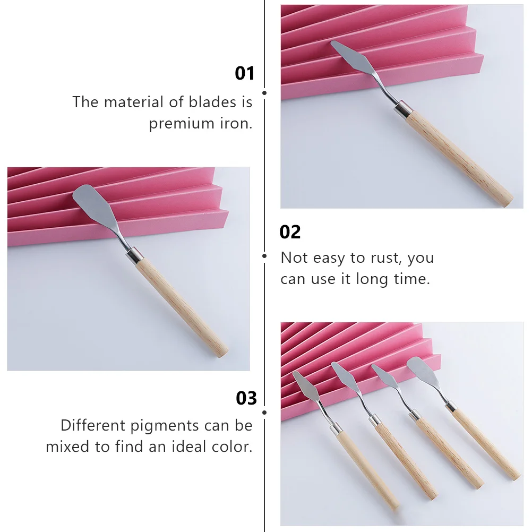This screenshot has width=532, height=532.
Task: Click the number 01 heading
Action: [245, 73]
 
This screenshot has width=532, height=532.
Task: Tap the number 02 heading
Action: [290, 232]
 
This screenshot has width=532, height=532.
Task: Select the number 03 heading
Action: [246, 398]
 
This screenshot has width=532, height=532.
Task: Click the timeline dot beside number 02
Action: [264, 256]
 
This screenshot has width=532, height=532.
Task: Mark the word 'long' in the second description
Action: [373, 279]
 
